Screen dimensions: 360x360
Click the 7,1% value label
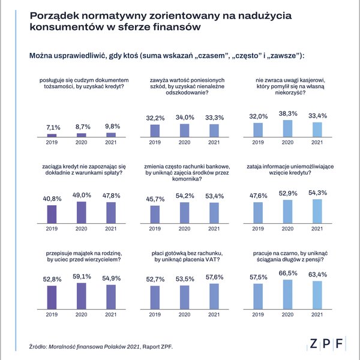53,127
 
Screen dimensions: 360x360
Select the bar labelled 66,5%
287,295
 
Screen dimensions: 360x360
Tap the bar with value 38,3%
287,128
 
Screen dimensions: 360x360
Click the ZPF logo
326,344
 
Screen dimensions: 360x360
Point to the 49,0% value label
82,195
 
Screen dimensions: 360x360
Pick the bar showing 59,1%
81,296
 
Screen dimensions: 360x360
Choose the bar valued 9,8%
111,135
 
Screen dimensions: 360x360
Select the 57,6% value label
214,277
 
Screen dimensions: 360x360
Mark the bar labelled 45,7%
155,214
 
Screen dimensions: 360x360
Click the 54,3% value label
317,193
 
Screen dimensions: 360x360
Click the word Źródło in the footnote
38,346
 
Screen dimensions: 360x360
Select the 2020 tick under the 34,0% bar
184,142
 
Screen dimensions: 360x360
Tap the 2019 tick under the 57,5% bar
258,314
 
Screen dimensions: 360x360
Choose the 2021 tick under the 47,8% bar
111,229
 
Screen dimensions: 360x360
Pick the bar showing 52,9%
287,211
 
